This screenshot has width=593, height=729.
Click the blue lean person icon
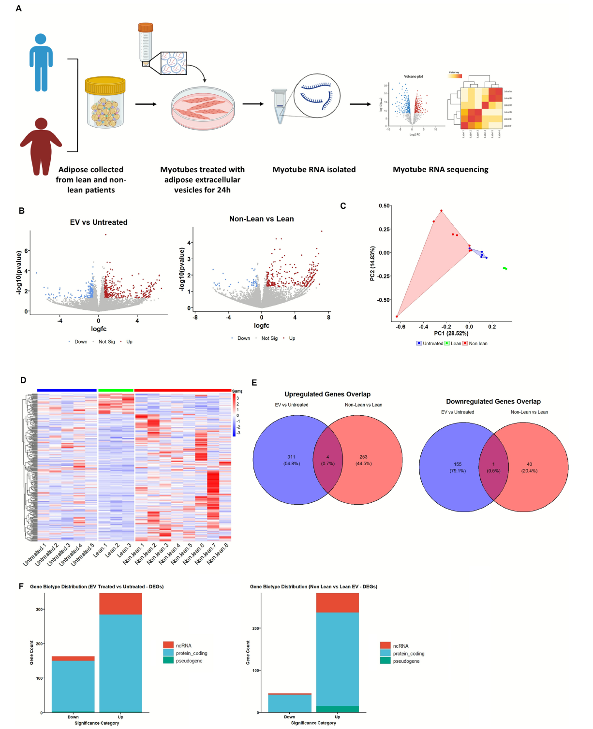click(41, 62)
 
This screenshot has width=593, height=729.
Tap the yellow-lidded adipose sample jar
click(105, 102)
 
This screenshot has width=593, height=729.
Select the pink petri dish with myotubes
click(203, 108)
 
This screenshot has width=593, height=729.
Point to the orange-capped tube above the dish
click(145, 44)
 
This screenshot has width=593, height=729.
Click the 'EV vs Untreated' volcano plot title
click(99, 222)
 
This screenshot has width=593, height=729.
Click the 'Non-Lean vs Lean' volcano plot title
click(261, 219)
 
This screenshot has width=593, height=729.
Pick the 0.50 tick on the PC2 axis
click(384, 206)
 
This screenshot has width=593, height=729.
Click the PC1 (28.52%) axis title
click(451, 333)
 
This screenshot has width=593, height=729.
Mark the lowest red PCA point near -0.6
click(397, 317)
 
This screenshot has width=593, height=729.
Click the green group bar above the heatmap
click(116, 390)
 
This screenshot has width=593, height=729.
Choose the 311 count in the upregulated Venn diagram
click(291, 457)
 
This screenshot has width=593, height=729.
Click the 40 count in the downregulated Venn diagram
click(529, 464)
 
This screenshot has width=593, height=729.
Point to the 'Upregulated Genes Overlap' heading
click(327, 394)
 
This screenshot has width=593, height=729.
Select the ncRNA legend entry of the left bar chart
click(183, 645)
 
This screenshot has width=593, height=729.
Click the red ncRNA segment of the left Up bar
click(120, 604)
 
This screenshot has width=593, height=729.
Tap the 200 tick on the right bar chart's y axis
click(256, 628)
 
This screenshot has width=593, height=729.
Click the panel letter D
click(23, 380)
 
